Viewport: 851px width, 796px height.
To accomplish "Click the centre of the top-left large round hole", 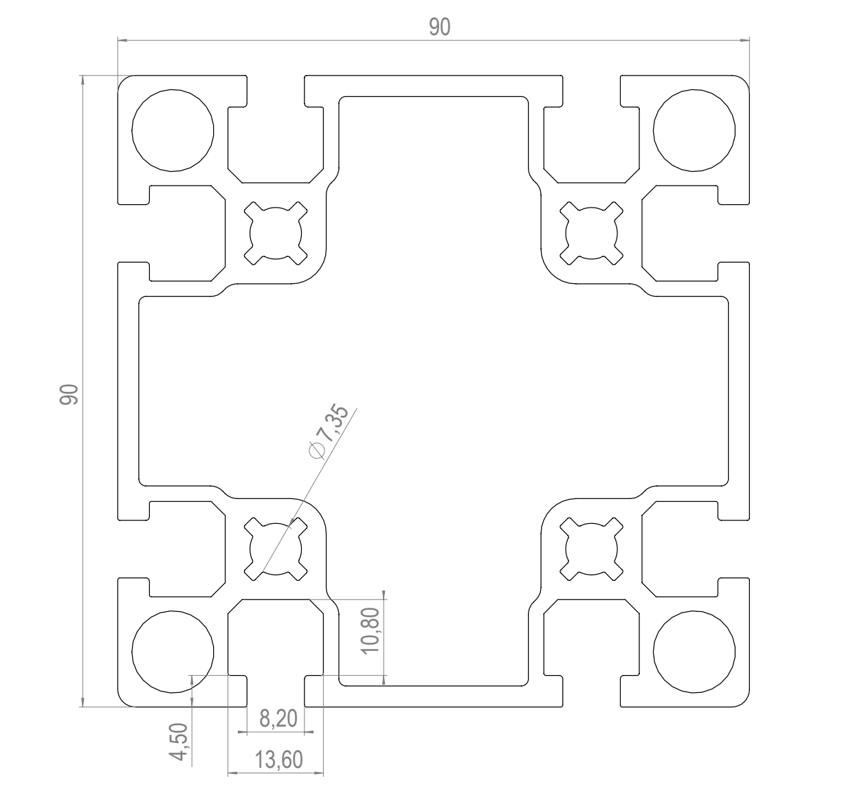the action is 173,131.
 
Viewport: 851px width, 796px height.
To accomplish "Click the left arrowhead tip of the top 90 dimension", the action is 118,41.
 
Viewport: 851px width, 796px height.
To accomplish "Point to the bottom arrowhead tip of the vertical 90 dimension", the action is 82,707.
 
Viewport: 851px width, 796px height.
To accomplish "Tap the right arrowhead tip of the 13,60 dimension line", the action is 324,773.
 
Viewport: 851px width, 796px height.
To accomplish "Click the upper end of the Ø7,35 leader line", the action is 357,408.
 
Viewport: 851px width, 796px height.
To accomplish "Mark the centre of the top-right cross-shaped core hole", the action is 591,234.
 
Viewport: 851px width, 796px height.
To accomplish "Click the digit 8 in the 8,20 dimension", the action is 265,718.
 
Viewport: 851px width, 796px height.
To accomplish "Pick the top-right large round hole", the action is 694,131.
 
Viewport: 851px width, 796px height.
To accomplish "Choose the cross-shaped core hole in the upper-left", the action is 276,234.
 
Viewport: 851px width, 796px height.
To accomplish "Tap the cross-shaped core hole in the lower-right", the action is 591,549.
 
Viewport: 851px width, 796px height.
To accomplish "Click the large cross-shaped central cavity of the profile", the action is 434,391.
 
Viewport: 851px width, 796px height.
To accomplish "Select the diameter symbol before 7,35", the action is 317,450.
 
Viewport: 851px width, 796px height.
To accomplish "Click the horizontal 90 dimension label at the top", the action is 440,27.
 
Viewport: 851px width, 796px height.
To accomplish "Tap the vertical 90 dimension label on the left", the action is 69,395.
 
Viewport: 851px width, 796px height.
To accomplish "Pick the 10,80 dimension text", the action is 371,630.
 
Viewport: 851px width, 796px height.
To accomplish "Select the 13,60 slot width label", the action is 279,760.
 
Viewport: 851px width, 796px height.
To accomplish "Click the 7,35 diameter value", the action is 334,423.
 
